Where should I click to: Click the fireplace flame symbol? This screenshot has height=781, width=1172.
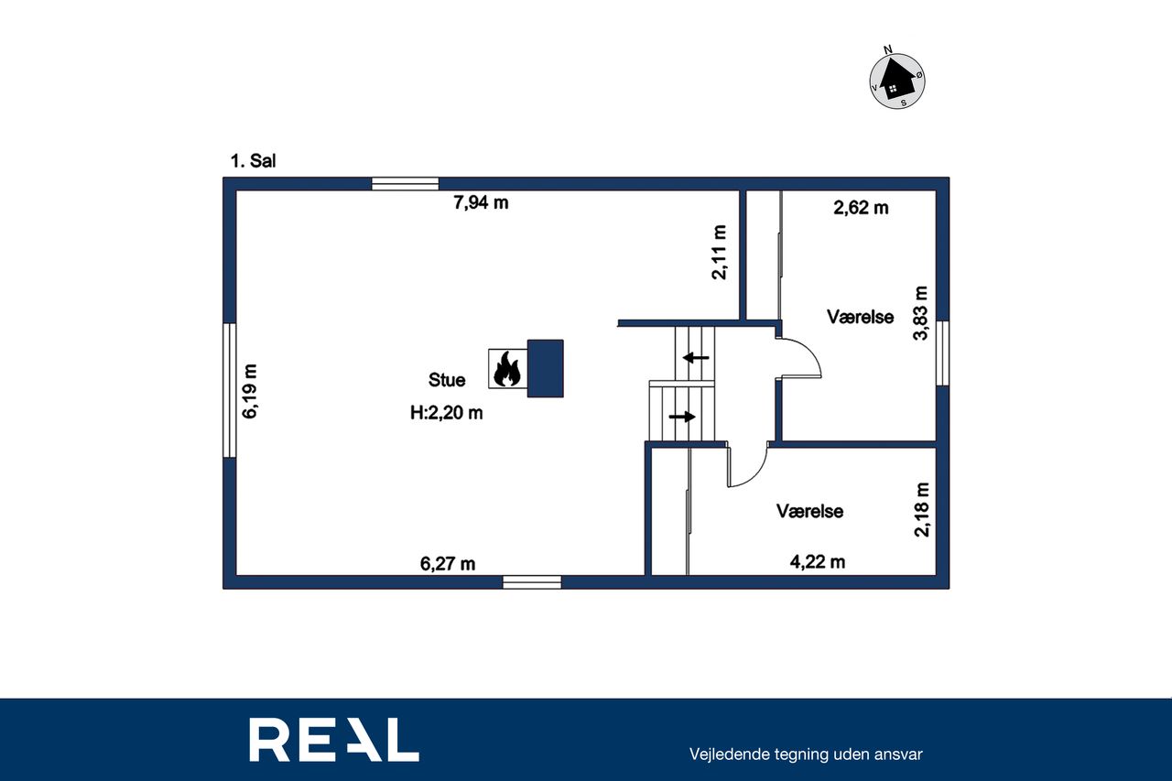(x=507, y=369)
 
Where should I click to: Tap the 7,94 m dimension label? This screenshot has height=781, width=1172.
(x=481, y=202)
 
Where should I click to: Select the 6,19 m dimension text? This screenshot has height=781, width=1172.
(x=250, y=391)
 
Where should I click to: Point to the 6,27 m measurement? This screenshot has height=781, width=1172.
(x=448, y=564)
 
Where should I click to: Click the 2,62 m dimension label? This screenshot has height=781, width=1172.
(x=861, y=208)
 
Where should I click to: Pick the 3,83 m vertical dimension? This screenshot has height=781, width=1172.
(x=920, y=313)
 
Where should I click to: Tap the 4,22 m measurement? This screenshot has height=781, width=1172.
(x=818, y=562)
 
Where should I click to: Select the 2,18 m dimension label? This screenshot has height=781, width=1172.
(x=922, y=509)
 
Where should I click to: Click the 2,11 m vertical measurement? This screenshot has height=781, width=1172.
(x=720, y=252)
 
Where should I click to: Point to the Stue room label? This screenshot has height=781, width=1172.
(x=447, y=380)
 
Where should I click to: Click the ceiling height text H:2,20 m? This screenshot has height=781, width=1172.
(x=446, y=413)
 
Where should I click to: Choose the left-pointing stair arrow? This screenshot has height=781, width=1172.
(x=696, y=358)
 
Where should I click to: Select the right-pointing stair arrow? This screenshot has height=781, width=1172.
(x=682, y=417)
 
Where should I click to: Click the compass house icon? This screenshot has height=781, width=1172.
(x=897, y=81)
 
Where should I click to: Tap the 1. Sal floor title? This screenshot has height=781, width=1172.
(x=254, y=160)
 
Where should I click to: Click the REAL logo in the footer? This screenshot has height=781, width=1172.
(x=334, y=740)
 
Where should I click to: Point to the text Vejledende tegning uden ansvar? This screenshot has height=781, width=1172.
(x=806, y=754)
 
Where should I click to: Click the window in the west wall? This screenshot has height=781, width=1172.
(x=229, y=390)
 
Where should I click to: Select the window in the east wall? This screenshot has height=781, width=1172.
(x=942, y=353)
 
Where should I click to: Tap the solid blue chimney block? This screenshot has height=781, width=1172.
(x=545, y=368)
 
